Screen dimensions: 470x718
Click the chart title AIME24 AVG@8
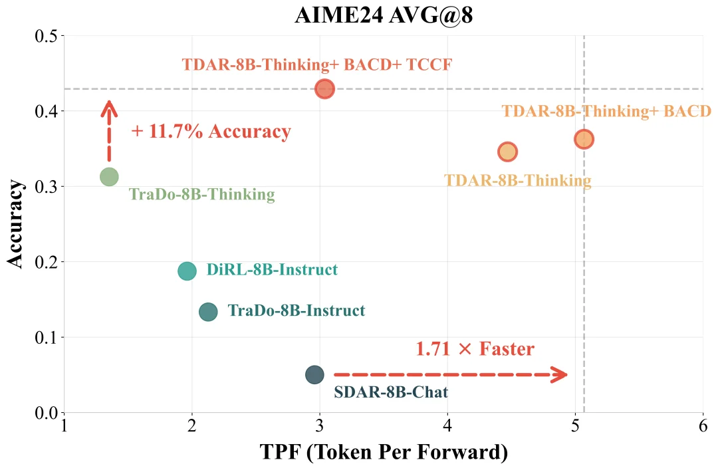point(384,16)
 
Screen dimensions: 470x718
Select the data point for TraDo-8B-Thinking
point(109,177)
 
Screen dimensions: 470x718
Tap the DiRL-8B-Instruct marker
point(187,271)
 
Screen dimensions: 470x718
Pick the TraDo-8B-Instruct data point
point(208,311)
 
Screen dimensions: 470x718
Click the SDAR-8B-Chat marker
point(314,374)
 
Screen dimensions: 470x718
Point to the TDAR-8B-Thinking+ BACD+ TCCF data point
point(324,88)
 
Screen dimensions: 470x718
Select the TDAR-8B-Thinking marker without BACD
point(507,152)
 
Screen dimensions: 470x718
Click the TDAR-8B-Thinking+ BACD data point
point(584,138)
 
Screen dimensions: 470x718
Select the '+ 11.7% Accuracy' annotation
point(211,131)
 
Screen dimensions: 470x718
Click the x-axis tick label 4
point(447,426)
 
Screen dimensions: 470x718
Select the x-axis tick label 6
point(703,426)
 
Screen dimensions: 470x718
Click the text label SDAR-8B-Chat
point(391,392)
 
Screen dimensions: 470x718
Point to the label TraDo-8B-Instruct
point(297,310)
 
